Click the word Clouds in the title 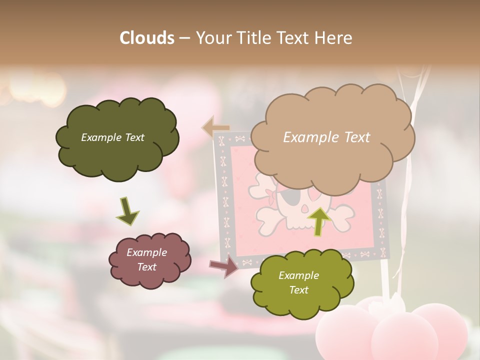[147, 37]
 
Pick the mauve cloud [149, 260]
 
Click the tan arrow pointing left [215, 127]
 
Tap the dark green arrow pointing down [127, 211]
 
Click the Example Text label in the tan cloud [326, 137]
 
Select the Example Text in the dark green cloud [112, 137]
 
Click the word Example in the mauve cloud [146, 252]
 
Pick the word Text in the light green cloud [298, 290]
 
